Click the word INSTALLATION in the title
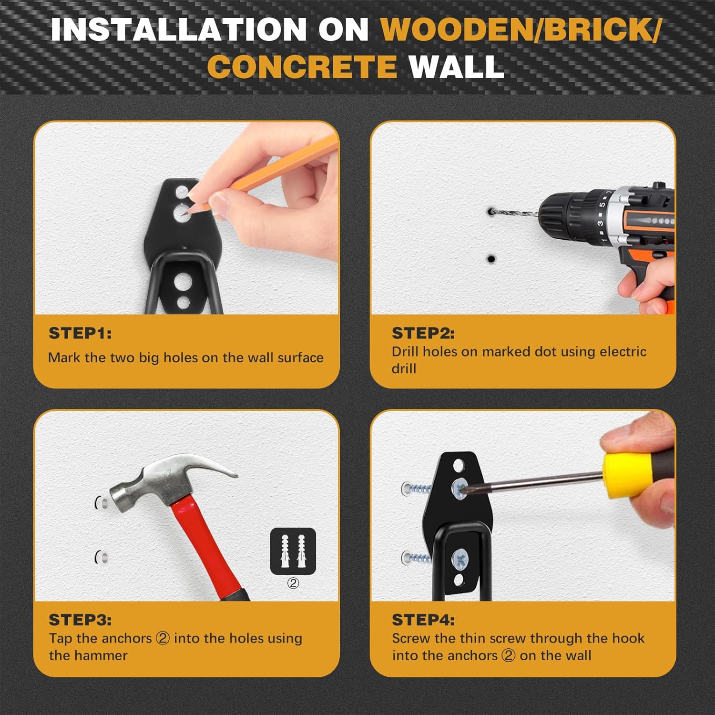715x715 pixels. [178, 30]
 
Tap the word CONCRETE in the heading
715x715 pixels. [302, 67]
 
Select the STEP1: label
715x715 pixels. [80, 333]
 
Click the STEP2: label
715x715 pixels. [423, 333]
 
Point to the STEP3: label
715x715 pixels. [80, 620]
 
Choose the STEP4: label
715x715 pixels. [423, 620]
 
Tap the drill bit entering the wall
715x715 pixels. [515, 213]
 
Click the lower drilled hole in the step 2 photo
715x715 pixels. [490, 259]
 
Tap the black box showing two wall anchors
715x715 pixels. [293, 551]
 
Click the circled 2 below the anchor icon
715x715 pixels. [293, 583]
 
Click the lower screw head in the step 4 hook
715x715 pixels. [460, 557]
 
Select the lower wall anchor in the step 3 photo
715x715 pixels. [101, 557]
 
